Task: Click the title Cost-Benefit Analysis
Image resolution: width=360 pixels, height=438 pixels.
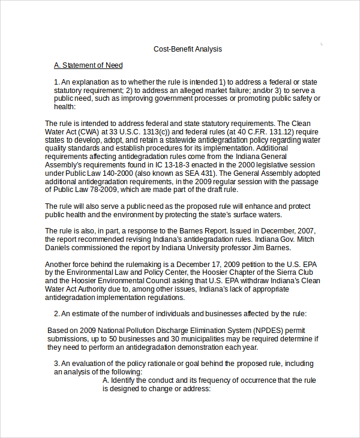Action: [x=188, y=49]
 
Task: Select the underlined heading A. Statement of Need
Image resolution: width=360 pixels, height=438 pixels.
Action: [x=88, y=65]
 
